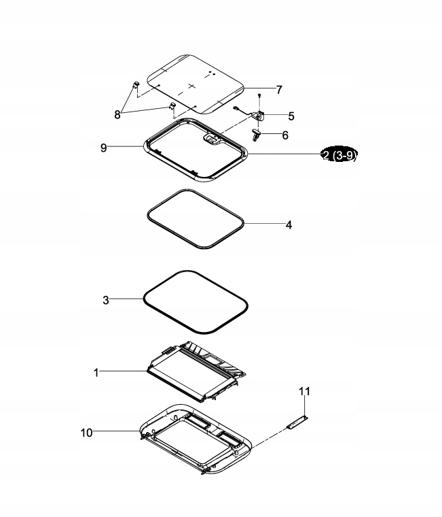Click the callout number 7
pos(279,90)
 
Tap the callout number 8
pos(117,115)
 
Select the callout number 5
pos(291,116)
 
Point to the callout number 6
pos(285,135)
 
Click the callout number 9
pos(104,148)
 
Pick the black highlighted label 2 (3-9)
pos(339,154)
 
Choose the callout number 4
pos(289,225)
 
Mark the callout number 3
pos(106,300)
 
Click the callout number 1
pos(96,373)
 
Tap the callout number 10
pos(86,433)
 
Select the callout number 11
pos(304,391)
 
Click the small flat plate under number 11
pos(297,422)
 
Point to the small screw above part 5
pos(259,96)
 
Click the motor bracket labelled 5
pos(259,116)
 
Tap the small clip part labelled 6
pos(257,135)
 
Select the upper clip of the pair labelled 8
pos(136,85)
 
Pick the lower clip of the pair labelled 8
pos(172,105)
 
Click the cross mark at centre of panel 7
pos(192,86)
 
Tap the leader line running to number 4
pos(264,224)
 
